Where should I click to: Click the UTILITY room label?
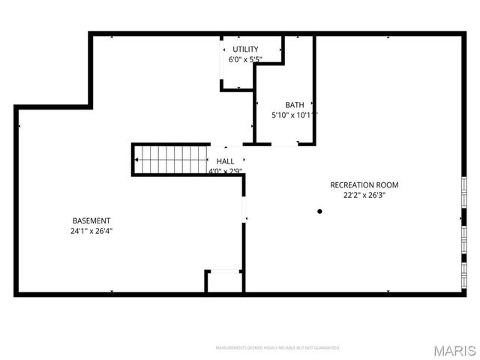click(245, 49)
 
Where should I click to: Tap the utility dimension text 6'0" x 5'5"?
click(245, 59)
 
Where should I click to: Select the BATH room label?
click(294, 104)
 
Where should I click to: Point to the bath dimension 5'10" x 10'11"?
click(294, 115)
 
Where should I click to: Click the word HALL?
click(225, 161)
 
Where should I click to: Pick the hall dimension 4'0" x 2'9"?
click(225, 171)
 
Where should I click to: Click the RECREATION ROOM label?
click(364, 184)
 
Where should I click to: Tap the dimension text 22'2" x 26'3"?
click(364, 195)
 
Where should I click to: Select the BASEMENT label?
click(91, 220)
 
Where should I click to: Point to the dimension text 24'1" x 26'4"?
click(91, 231)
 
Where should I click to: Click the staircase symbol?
click(172, 159)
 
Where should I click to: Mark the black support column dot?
click(319, 211)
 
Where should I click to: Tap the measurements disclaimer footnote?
click(277, 348)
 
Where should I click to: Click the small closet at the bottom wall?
click(223, 282)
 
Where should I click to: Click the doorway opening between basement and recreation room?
click(244, 208)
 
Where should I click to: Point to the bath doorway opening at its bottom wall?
click(277, 144)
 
